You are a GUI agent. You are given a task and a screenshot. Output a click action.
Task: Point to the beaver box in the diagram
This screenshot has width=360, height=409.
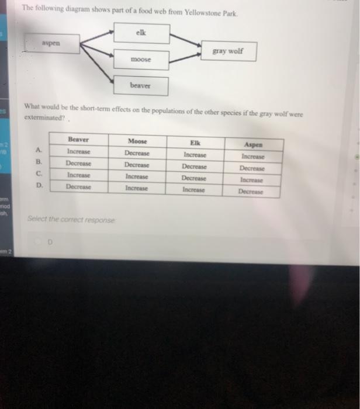[141, 86]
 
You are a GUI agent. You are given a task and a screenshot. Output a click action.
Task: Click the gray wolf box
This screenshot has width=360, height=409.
[227, 51]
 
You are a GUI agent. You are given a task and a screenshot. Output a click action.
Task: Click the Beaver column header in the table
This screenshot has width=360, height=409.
[78, 140]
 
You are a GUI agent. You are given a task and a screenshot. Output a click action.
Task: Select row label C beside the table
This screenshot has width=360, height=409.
[39, 173]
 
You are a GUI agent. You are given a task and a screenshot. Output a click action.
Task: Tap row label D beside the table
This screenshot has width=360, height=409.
[39, 185]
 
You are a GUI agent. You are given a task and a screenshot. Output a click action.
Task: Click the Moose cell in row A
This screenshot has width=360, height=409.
[137, 153]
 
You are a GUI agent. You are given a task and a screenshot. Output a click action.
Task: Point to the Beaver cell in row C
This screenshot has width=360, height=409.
[78, 175]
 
